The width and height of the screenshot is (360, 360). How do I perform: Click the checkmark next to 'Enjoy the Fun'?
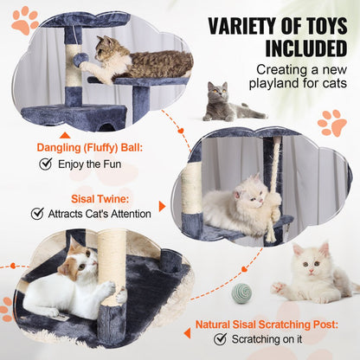click(x=46, y=163)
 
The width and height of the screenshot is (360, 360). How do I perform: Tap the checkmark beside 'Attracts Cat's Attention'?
click(x=37, y=213)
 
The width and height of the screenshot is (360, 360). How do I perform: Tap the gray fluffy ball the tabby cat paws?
click(x=80, y=61)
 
